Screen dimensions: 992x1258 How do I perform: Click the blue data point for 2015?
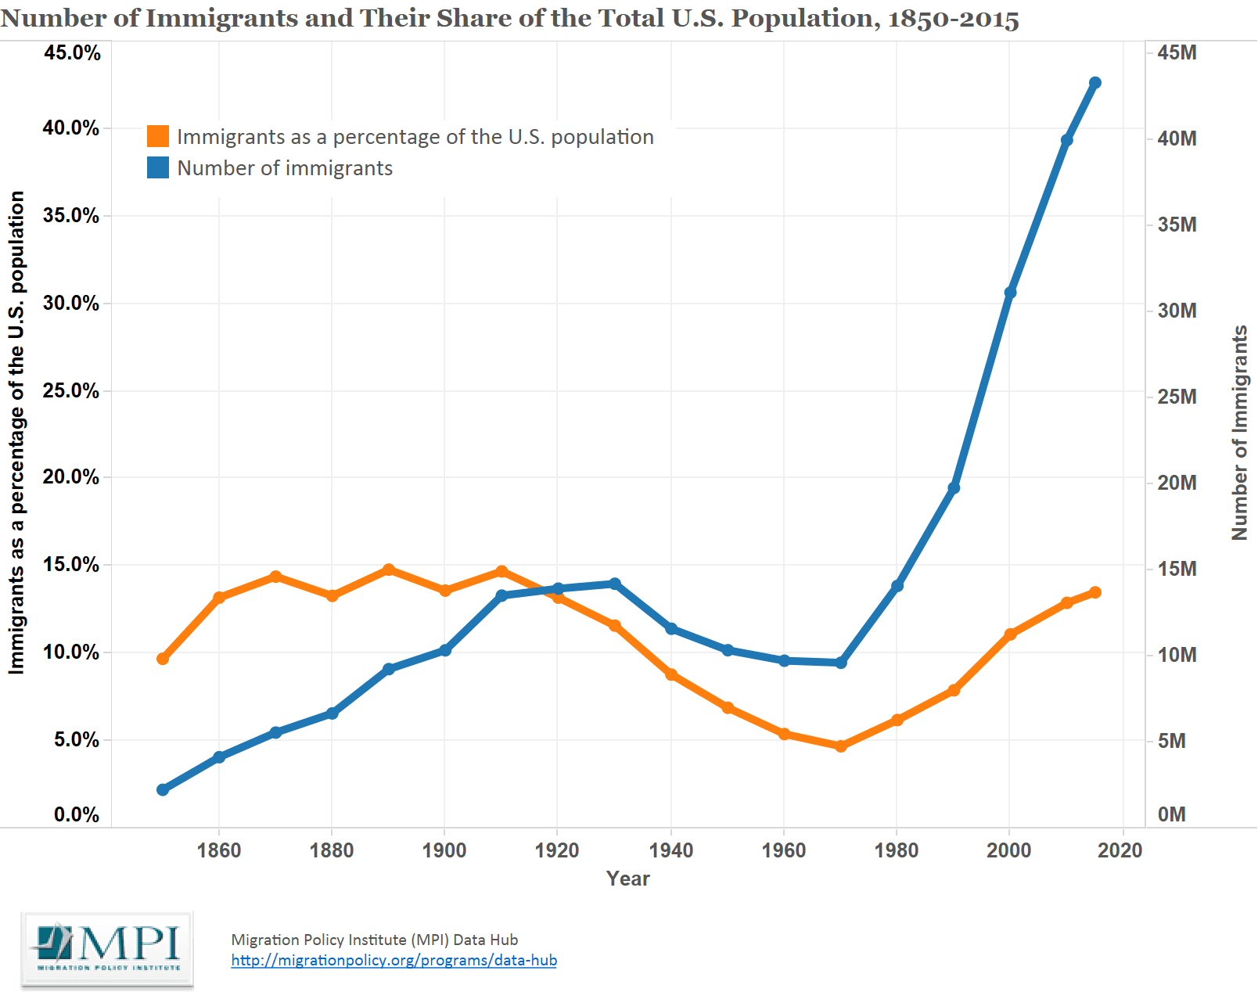click(1095, 83)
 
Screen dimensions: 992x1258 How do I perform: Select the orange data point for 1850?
click(163, 659)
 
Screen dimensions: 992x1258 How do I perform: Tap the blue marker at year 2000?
click(1010, 293)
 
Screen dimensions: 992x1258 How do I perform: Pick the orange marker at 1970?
click(841, 746)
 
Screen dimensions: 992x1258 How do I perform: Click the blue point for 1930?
click(615, 584)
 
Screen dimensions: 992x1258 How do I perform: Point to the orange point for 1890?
click(389, 570)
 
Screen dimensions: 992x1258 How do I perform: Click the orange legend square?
click(158, 136)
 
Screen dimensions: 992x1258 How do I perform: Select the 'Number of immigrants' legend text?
click(285, 168)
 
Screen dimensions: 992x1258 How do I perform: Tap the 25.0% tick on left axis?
click(70, 390)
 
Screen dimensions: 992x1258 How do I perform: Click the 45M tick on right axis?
click(1177, 52)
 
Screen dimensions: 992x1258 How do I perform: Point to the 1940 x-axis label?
click(670, 850)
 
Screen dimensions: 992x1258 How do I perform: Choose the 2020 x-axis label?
click(1120, 850)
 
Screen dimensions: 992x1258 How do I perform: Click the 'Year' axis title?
click(627, 879)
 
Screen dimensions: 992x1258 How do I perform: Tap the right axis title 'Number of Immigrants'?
click(1239, 433)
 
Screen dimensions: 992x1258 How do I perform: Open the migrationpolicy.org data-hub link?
click(394, 960)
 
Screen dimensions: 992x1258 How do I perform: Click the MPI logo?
click(107, 949)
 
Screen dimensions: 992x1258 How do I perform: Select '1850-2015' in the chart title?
click(953, 19)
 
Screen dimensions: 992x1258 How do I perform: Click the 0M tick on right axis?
click(1171, 814)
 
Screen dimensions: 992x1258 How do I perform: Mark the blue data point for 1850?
click(163, 789)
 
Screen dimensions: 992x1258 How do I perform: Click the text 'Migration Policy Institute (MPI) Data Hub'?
click(374, 940)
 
